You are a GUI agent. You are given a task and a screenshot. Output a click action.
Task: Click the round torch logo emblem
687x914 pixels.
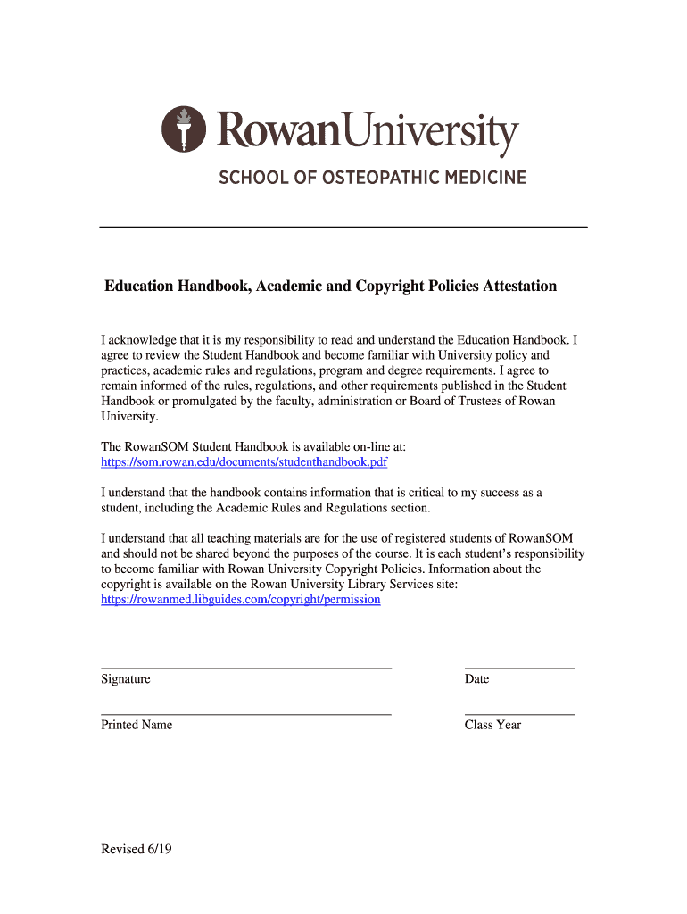click(184, 129)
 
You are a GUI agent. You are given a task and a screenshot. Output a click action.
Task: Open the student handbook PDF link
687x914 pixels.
click(244, 462)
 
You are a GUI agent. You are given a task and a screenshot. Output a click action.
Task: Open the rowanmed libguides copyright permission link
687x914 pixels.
click(240, 599)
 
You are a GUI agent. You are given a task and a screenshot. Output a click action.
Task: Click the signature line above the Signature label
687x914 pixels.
click(246, 668)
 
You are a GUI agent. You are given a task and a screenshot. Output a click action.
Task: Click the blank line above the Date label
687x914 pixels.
click(519, 668)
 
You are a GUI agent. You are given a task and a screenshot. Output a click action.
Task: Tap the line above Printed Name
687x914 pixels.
click(246, 714)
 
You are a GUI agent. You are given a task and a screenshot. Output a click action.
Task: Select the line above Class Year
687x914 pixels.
click(519, 714)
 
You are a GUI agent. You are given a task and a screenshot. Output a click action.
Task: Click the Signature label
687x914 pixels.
click(125, 679)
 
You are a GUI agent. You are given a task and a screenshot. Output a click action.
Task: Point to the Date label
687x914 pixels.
click(476, 679)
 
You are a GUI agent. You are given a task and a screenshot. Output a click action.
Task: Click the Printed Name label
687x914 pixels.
click(137, 725)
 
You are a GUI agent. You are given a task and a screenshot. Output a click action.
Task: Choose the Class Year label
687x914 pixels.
click(492, 725)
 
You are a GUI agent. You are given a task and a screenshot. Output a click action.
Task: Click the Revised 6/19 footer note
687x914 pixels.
click(136, 849)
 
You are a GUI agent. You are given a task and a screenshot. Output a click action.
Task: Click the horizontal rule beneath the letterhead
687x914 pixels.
click(343, 228)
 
